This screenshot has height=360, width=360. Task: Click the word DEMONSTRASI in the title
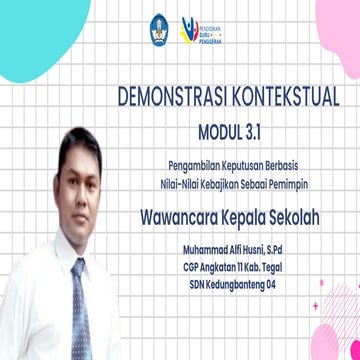click(x=166, y=97)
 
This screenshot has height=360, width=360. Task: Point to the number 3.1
click(x=257, y=127)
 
